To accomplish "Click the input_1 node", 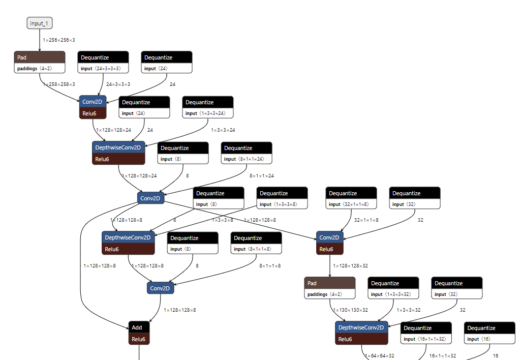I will pos(40,23).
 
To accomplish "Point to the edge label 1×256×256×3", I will pos(59,40).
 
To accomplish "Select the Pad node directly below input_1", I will pos(40,63).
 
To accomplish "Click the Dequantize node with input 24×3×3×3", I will pos(103,63).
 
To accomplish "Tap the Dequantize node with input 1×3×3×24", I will pos(208,108).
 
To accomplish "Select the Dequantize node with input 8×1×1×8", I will pos(256,244).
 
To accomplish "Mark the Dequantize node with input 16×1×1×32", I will pos(426,334).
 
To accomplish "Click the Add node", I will pos(139,333).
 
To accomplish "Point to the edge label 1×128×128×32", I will pos(350,265).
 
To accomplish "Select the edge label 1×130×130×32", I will pos(350,310).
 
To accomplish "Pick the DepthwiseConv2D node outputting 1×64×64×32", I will pos(361,333).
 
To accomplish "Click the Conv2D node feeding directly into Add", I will pos(161,288).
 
